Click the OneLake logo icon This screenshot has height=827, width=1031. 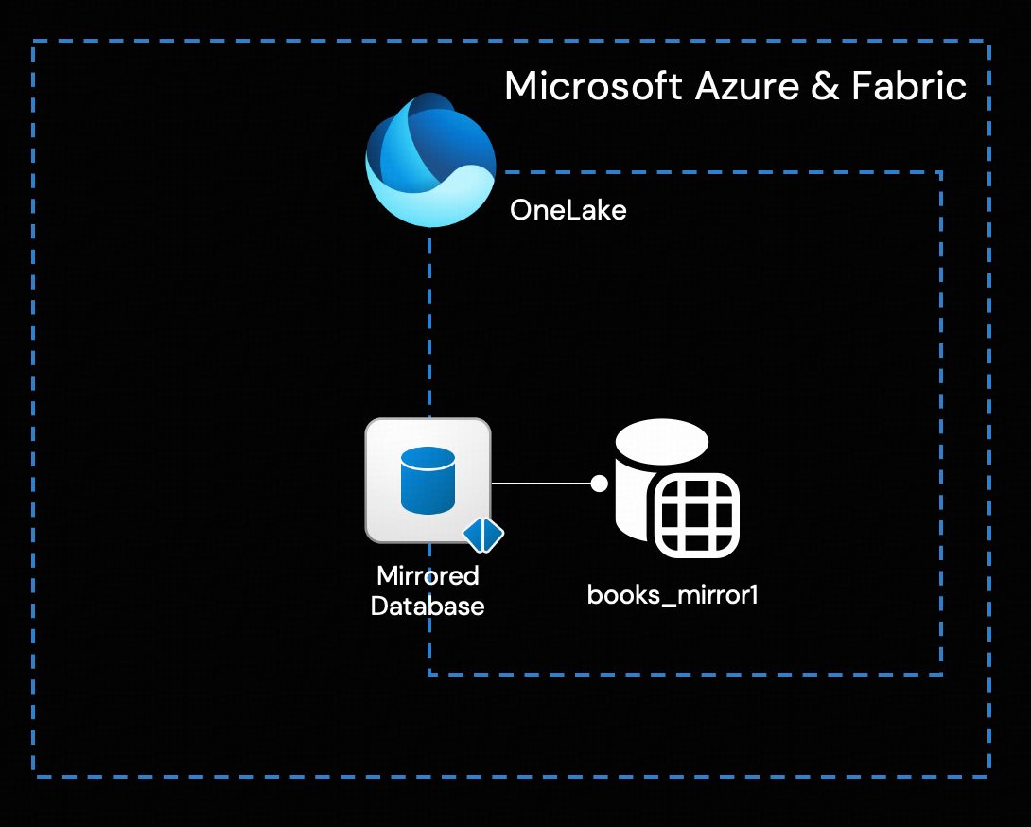pyautogui.click(x=431, y=160)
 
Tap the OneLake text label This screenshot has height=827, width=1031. pyautogui.click(x=568, y=209)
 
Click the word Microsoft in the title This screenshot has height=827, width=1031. pyautogui.click(x=593, y=86)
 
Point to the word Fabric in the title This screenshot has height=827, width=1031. pyautogui.click(x=908, y=86)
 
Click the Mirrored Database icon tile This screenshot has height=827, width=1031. pyautogui.click(x=428, y=480)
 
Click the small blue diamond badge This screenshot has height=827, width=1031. pyautogui.click(x=483, y=536)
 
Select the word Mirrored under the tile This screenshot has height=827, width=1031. pyautogui.click(x=428, y=575)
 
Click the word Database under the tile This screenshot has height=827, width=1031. pyautogui.click(x=428, y=606)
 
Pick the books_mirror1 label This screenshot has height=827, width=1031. pyautogui.click(x=673, y=595)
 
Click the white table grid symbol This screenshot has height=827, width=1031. pyautogui.click(x=696, y=516)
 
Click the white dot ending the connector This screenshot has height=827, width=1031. pyautogui.click(x=599, y=484)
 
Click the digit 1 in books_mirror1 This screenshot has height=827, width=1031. pyautogui.click(x=754, y=595)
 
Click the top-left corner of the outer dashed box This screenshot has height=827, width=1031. pyautogui.click(x=34, y=42)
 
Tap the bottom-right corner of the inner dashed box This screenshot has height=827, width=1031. pyautogui.click(x=941, y=674)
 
